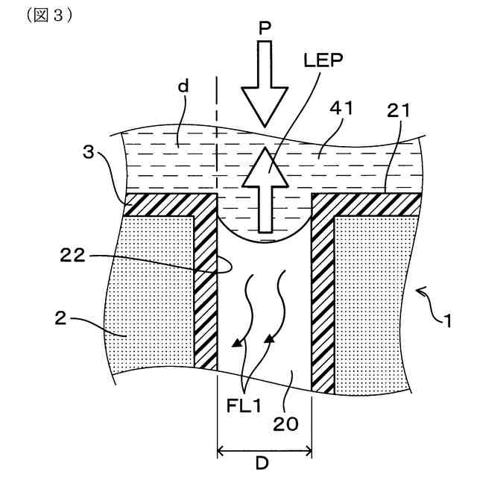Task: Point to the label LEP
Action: coord(323,61)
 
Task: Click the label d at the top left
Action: coord(183,86)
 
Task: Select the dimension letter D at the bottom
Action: coord(263,464)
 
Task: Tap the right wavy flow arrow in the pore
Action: coord(277,302)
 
